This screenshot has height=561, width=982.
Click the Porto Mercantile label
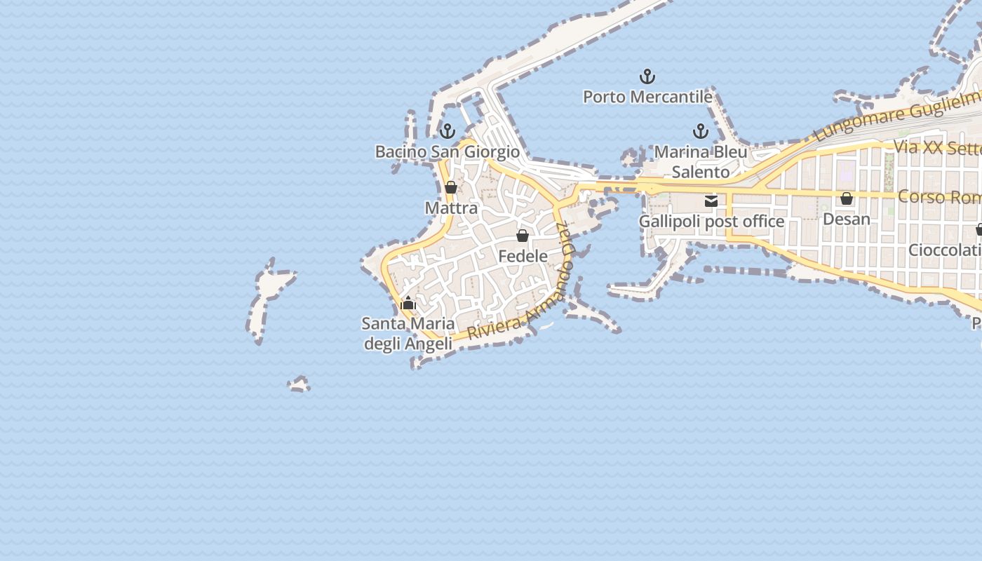tap(647, 97)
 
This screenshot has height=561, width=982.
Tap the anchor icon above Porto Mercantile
tap(647, 76)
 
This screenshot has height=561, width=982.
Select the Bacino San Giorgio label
tap(448, 151)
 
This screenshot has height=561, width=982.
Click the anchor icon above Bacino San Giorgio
tap(447, 131)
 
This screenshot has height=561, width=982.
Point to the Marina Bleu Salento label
tap(701, 162)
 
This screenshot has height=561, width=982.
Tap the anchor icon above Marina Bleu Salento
tap(700, 131)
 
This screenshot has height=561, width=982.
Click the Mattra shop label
tap(451, 208)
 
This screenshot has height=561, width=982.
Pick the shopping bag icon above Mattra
tap(451, 188)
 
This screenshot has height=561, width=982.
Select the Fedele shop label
tap(523, 257)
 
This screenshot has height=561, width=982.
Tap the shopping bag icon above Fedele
tap(523, 236)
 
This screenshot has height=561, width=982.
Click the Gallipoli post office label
tap(711, 222)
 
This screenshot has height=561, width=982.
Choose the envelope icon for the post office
tap(711, 201)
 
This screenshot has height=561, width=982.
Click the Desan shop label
tap(847, 219)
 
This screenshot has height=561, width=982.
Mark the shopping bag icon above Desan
tap(847, 198)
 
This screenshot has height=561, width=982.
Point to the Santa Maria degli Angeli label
tap(408, 334)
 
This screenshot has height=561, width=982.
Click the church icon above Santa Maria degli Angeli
tap(408, 304)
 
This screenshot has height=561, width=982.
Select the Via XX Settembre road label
tap(936, 148)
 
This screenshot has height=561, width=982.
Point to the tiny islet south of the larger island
tap(299, 384)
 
